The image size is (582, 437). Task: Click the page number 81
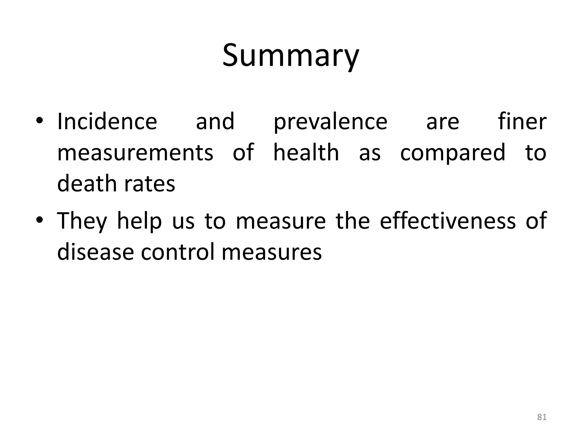pos(542,417)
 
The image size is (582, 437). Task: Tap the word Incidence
pos(107,121)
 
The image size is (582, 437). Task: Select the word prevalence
pos(330,122)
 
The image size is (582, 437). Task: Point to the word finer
pos(522,121)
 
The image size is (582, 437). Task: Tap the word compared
pos(453,153)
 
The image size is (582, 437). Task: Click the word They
pos(82,221)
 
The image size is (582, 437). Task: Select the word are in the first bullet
pos(442,122)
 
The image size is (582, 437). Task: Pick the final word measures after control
pos(271,252)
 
